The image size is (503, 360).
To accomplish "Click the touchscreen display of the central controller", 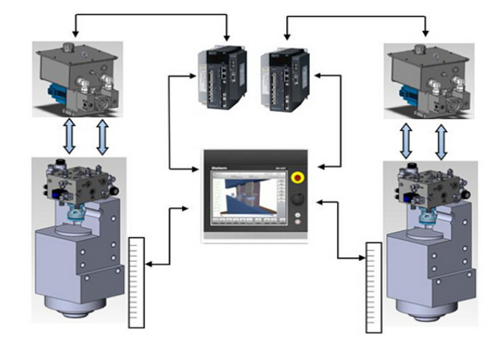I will [x=245, y=197].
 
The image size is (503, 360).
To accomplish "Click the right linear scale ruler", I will [x=374, y=287].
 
